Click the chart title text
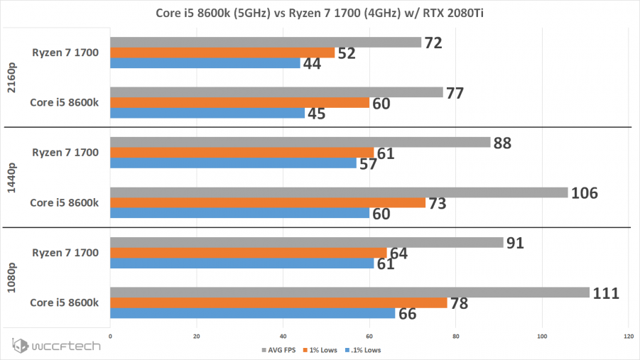coord(320,13)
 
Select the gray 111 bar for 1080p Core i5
coord(349,293)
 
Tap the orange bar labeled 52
coord(222,53)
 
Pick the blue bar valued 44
coord(205,63)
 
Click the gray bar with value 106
coord(339,192)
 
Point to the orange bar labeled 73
coord(268,203)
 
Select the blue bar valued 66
coord(252,313)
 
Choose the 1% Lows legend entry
coord(322,350)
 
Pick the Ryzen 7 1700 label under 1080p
coord(65,252)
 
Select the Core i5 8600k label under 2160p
coord(64,102)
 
